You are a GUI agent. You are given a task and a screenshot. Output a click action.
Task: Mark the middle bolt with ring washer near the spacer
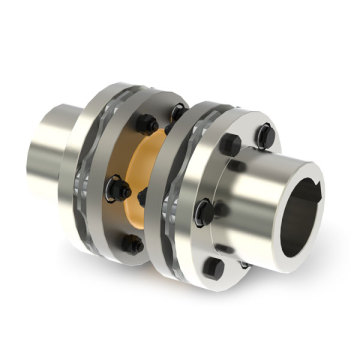[x=119, y=188]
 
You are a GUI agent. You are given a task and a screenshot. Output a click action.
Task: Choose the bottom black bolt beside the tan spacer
[x=130, y=243]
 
